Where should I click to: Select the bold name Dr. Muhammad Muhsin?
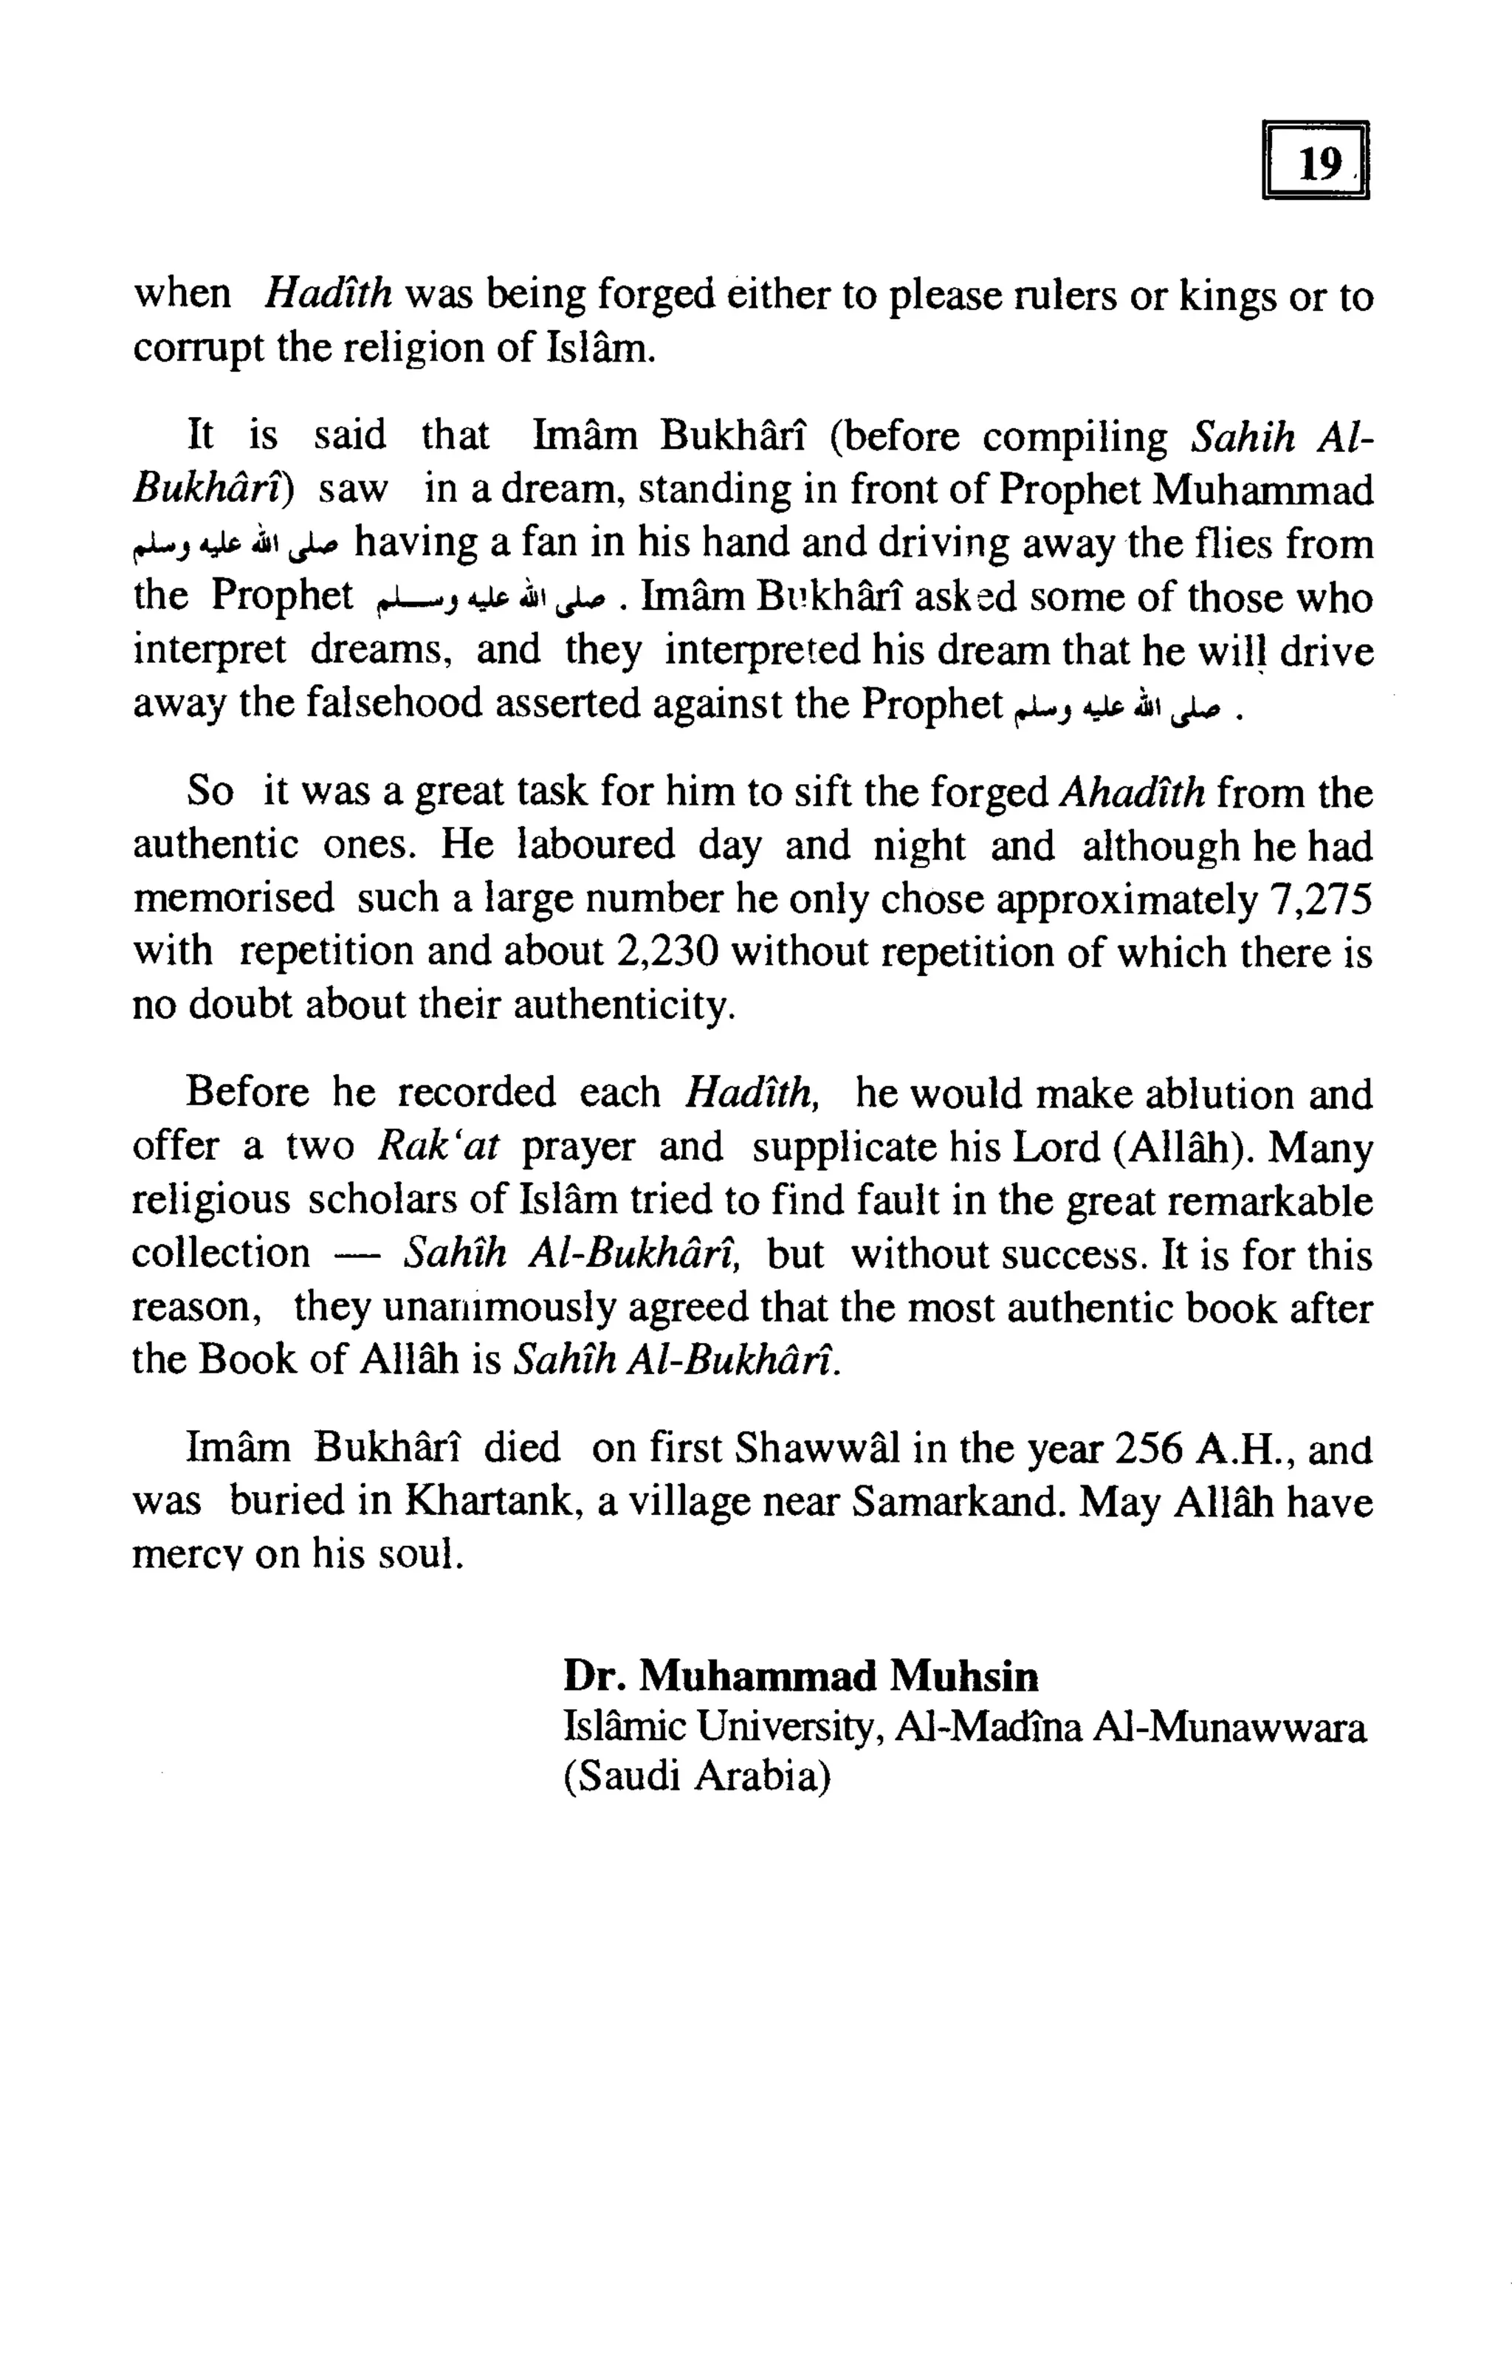[800, 1676]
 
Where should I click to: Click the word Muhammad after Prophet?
[1262, 490]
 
